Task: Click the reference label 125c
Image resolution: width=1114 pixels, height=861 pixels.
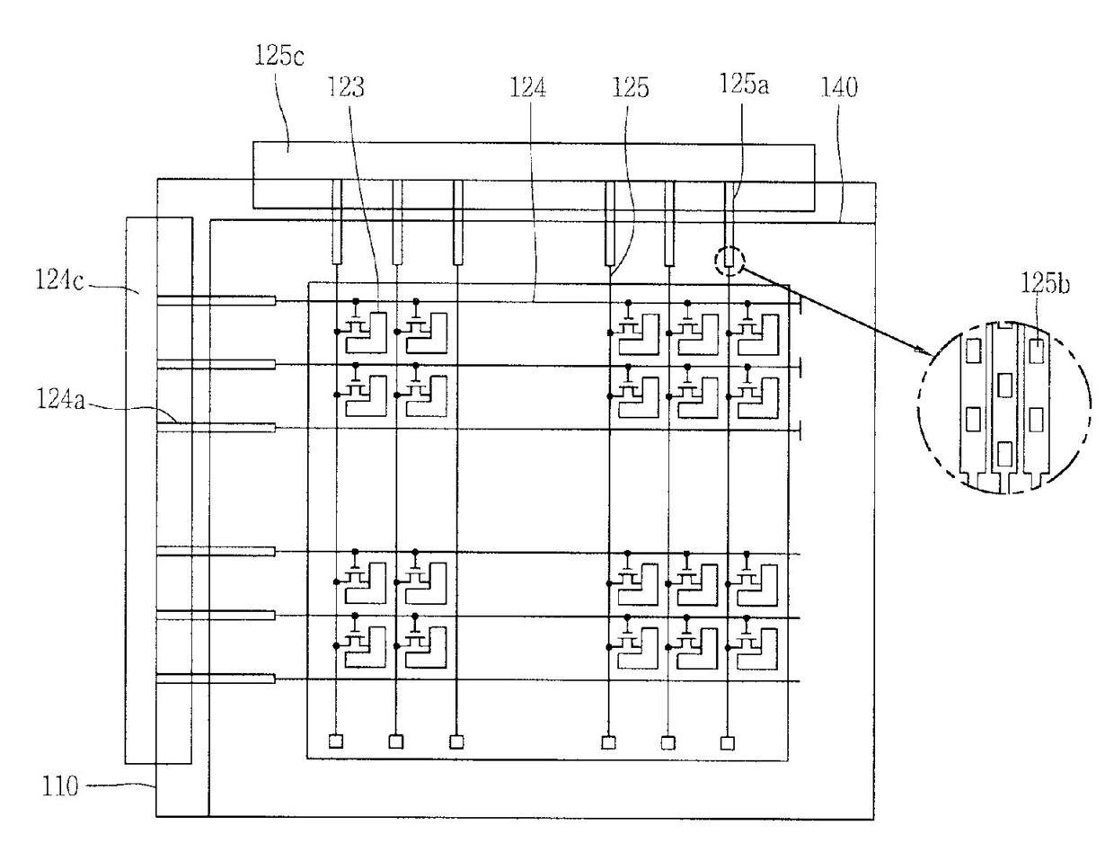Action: [x=278, y=56]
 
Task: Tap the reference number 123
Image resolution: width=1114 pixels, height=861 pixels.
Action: [x=346, y=87]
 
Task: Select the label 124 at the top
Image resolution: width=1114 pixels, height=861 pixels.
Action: [x=527, y=87]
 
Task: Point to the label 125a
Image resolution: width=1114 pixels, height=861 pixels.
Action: [x=744, y=84]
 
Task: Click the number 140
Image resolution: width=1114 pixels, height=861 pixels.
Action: [x=839, y=87]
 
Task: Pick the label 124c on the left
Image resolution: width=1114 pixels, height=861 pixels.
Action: [x=59, y=280]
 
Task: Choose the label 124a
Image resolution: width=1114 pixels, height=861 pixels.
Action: [x=60, y=399]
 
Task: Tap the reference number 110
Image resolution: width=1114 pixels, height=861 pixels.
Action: [x=60, y=786]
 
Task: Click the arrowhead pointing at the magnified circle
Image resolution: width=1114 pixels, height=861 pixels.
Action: [x=921, y=351]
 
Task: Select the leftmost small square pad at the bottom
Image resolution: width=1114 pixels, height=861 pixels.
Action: [x=336, y=741]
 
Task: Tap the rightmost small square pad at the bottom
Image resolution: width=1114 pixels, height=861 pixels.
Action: [x=728, y=743]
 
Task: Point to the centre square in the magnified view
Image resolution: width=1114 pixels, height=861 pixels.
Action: [x=1004, y=386]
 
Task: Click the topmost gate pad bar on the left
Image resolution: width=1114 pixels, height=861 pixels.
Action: [x=216, y=300]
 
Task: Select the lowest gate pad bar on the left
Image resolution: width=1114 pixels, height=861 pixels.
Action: [x=216, y=679]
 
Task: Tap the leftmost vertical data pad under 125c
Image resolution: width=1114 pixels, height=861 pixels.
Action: [x=336, y=221]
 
